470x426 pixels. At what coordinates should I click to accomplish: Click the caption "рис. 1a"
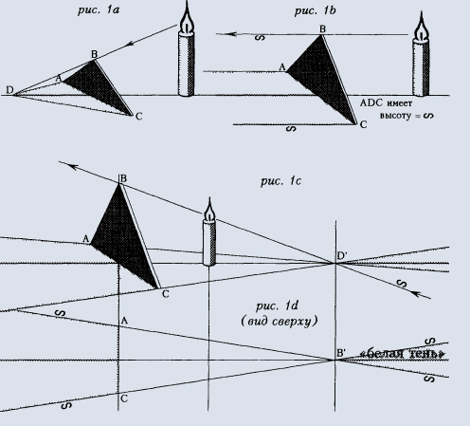coord(99,10)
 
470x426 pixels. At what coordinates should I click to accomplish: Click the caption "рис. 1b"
coord(315,11)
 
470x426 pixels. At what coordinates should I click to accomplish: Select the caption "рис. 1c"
coord(280,181)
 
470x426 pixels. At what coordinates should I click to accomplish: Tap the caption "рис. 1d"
coord(277,306)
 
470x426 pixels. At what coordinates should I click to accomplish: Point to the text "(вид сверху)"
coord(280,322)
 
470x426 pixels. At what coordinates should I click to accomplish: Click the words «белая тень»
coord(403,354)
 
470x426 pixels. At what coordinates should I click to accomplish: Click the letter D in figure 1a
coord(9,90)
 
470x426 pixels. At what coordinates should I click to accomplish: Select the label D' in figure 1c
coord(342,256)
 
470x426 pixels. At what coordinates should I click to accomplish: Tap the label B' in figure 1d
coord(341,353)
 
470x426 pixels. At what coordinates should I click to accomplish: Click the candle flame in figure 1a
coord(187,20)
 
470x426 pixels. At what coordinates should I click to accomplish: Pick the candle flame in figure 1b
coord(421,27)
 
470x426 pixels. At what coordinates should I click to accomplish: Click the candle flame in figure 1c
coord(209,211)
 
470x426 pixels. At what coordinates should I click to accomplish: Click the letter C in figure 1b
coord(363,125)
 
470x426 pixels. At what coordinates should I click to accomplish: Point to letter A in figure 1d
coord(124,321)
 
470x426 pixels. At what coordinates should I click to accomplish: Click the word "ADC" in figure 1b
coord(371,102)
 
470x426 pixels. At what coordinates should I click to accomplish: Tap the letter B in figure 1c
coord(123,178)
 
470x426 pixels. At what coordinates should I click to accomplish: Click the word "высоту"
coord(395,116)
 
